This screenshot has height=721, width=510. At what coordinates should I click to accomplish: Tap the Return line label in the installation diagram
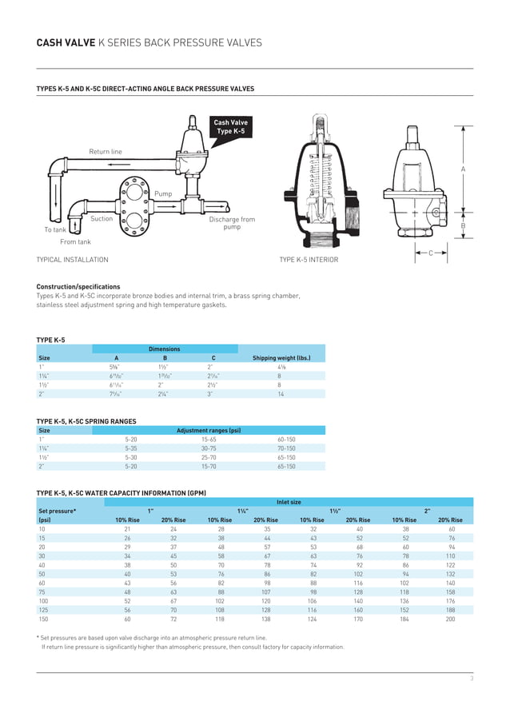point(106,151)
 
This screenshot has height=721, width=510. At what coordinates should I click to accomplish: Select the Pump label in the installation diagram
point(163,193)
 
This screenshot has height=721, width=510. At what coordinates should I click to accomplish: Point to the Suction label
point(102,218)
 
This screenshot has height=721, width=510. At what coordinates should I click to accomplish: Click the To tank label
point(55,229)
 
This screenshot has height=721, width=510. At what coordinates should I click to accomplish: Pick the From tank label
point(75,241)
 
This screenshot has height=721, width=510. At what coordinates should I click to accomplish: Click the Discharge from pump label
point(232,223)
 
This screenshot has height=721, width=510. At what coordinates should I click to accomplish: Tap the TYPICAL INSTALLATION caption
point(73,260)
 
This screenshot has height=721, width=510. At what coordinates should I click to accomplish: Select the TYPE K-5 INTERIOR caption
point(309,260)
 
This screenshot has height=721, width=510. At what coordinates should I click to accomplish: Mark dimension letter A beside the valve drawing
point(463,169)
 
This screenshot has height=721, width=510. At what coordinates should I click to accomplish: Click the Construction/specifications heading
point(78,286)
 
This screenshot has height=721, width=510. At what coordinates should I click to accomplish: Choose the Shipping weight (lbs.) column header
point(281,358)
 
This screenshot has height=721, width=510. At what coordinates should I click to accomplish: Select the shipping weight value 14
point(280,393)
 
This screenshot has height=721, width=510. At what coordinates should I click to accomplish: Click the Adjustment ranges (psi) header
point(209,430)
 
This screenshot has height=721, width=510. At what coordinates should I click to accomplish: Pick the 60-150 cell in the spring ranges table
point(286,439)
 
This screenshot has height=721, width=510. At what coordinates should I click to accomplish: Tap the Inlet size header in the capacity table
point(289,502)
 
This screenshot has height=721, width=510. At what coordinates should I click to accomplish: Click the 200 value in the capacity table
point(450,619)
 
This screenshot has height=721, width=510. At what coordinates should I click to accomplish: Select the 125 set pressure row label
point(42,610)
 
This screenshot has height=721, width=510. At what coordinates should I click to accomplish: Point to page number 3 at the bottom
point(472,679)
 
